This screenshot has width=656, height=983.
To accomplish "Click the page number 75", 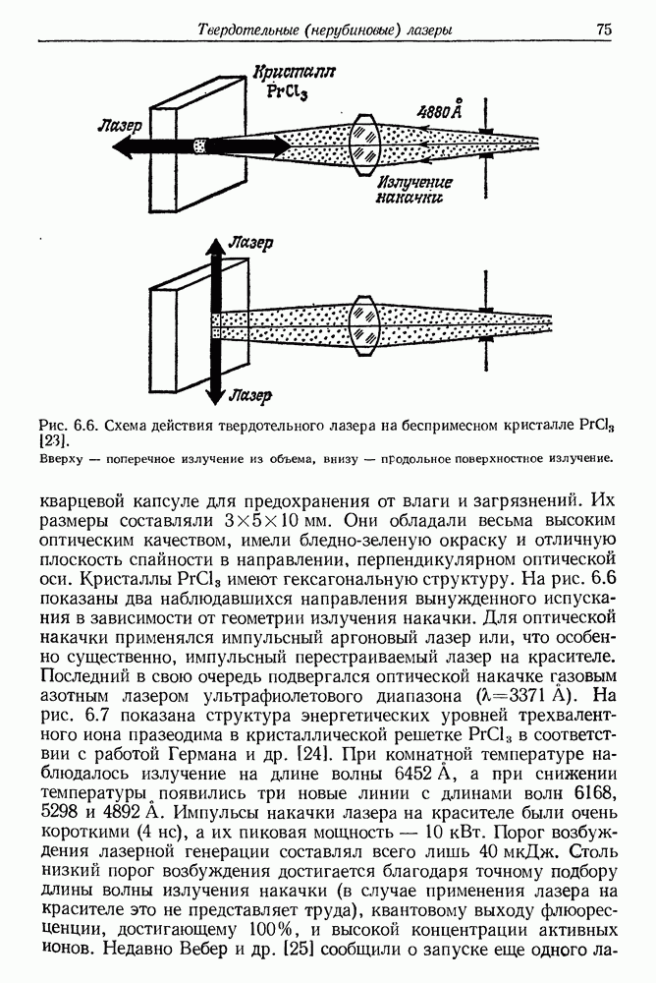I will pyautogui.click(x=603, y=30).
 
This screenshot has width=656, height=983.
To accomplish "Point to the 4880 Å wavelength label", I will pyautogui.click(x=441, y=111).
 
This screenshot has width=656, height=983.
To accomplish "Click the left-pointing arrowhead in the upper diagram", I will pyautogui.click(x=123, y=145).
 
